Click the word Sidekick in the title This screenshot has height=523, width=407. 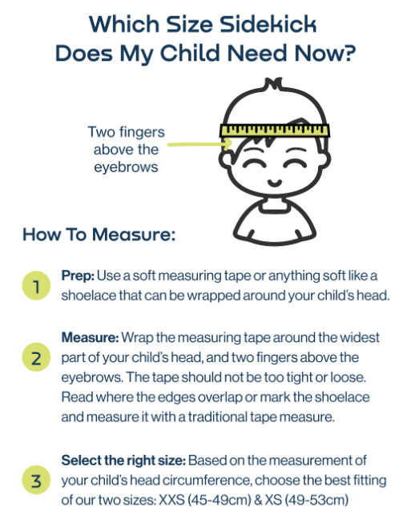coord(268,24)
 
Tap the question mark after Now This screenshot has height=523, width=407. coord(349,53)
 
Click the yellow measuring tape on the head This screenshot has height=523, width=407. coord(275,131)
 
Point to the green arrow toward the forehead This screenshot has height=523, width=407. coord(199,144)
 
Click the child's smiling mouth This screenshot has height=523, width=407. coord(276,183)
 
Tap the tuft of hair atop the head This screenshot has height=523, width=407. coord(273,83)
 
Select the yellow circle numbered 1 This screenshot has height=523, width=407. coord(36,286)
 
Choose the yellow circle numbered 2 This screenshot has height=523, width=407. coord(36,357)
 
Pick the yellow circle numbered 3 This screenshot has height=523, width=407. coord(36,480)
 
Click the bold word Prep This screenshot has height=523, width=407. coord(78,276)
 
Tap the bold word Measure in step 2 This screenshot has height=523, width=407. coord(90,337)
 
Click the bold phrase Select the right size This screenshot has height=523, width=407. coord(123,461)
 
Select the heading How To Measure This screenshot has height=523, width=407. coord(99,234)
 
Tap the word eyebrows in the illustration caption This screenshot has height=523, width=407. coord(126,167)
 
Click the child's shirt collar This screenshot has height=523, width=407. coord(273,205)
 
